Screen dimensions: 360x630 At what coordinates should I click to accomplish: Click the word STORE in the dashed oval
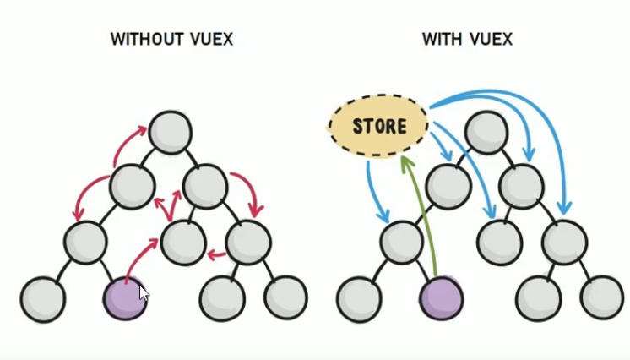point(379,127)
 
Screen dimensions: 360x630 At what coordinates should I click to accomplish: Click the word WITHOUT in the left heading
point(144,40)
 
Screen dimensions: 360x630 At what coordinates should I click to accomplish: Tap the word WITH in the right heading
point(442,40)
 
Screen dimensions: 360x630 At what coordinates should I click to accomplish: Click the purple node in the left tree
point(125,297)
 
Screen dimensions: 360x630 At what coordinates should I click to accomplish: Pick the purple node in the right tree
point(441,298)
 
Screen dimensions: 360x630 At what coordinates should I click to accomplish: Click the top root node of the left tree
point(171,133)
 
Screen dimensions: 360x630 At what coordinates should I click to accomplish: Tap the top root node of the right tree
point(486,133)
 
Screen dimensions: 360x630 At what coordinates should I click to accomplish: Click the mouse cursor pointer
point(143,292)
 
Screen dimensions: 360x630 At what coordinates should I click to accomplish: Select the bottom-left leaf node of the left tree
point(43,298)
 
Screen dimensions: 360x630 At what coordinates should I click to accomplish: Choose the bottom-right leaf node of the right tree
point(602,297)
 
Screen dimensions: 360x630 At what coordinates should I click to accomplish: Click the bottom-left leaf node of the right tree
point(359,298)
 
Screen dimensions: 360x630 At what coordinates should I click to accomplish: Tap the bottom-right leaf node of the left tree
point(285,297)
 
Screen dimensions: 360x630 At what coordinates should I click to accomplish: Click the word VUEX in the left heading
point(207,40)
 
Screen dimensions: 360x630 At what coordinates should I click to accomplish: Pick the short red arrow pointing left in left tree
point(215,253)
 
